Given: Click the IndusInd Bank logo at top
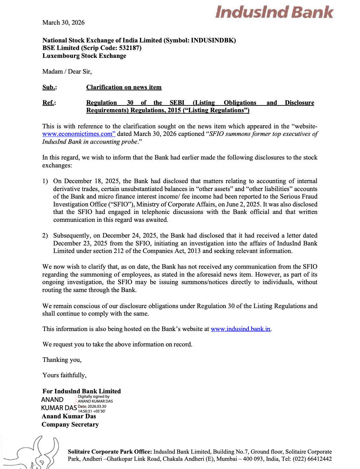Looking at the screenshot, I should tap(274, 12).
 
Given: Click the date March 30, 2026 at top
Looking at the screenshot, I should tap(63, 23).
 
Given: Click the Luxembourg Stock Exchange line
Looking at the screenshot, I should tap(84, 56).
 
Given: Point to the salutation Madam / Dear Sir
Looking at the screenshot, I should tap(67, 72).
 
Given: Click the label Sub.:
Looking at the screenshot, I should tap(50, 87).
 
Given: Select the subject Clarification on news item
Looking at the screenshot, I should tap(124, 87).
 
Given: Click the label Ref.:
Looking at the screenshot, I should tap(49, 103).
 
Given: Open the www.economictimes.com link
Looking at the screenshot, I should tap(79, 134).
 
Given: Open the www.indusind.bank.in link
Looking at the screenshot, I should tap(241, 329).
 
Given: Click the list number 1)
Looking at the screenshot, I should tap(45, 181).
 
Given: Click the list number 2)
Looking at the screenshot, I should tap(45, 236).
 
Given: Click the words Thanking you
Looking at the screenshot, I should tap(62, 360).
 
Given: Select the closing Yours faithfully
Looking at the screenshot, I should tap(64, 375).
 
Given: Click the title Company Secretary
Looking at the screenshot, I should tap(70, 424).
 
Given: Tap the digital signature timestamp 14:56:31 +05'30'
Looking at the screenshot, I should tap(92, 411).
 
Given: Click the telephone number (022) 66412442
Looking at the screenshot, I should tap(312, 459).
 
